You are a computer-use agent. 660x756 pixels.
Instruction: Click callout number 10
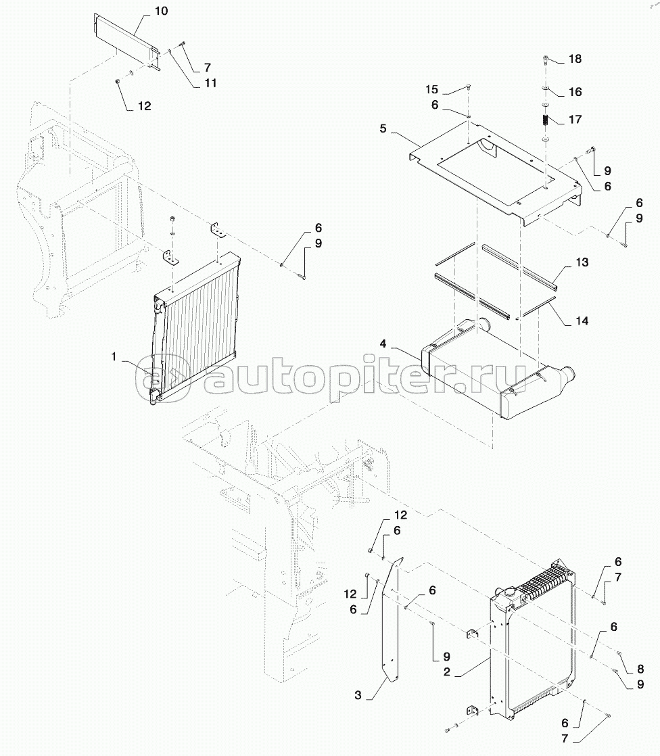[x=161, y=11]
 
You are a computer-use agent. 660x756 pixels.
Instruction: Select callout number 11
[x=210, y=83]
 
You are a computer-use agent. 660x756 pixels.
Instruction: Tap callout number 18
[x=575, y=59]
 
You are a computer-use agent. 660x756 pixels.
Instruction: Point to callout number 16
[x=575, y=91]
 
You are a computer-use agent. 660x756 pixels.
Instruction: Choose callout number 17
[x=575, y=119]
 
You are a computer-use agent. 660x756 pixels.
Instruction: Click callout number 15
[x=431, y=89]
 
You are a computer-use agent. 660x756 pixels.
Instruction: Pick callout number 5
[x=383, y=128]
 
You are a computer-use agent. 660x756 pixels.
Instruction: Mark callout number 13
[x=582, y=262]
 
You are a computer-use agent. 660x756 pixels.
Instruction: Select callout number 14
[x=582, y=321]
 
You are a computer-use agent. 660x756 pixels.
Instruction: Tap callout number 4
[x=383, y=344]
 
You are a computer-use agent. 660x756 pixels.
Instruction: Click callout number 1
[x=114, y=357]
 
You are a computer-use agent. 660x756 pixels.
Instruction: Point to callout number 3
[x=358, y=694]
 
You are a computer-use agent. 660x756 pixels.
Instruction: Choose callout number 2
[x=446, y=671]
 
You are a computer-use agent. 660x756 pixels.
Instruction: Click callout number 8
[x=640, y=669]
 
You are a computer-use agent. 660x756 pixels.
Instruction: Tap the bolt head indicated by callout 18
[x=546, y=60]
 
